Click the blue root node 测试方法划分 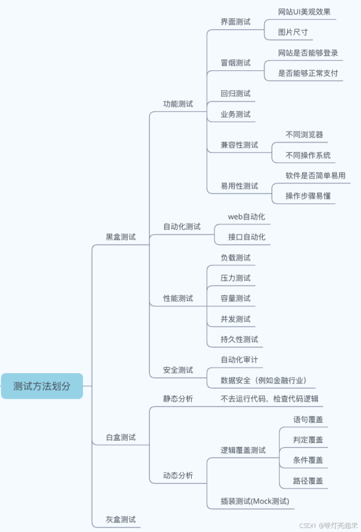point(42,386)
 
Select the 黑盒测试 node point(121,237)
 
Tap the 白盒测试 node point(121,438)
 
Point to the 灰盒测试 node point(121,519)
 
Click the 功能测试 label point(178,104)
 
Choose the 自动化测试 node point(182,227)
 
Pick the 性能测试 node point(178,298)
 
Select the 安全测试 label point(178,370)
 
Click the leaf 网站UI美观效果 point(304,12)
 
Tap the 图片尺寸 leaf point(293,32)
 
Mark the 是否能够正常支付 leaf point(308,73)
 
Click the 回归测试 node point(236,94)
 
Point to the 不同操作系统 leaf point(308,155)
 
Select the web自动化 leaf point(247,217)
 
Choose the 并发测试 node point(236,319)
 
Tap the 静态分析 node point(178,399)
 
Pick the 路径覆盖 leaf point(308,481)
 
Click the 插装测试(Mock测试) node point(255,502)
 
